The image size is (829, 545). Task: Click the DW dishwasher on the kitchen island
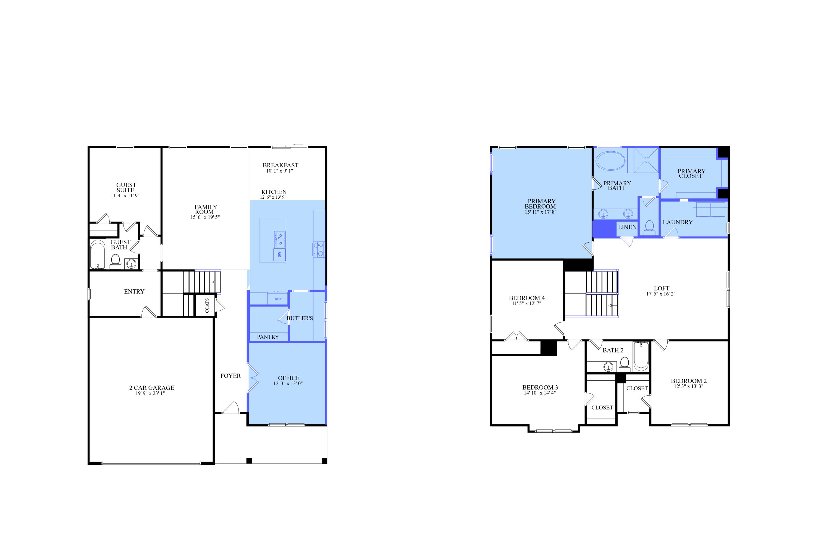tap(280, 255)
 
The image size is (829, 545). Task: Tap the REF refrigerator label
tap(278, 299)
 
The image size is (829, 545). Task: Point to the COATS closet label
tap(207, 305)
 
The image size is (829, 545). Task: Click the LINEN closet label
tap(627, 227)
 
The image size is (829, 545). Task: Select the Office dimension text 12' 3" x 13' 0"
tap(288, 383)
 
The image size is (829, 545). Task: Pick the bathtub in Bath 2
tap(641, 356)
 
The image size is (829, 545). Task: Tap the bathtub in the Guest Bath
tap(98, 254)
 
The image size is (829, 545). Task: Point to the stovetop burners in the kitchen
tap(319, 249)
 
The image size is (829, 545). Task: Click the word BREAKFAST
tap(280, 165)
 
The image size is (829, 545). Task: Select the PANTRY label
tap(268, 337)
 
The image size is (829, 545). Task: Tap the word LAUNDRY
tap(678, 222)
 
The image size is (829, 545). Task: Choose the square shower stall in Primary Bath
tap(646, 160)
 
